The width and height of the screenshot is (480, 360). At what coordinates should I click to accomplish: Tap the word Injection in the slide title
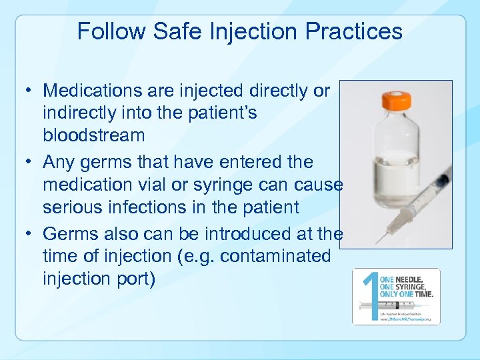tap(257, 31)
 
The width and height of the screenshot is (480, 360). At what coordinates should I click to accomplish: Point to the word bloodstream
tap(93, 135)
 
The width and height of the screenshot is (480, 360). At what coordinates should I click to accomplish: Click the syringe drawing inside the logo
tap(383, 307)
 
